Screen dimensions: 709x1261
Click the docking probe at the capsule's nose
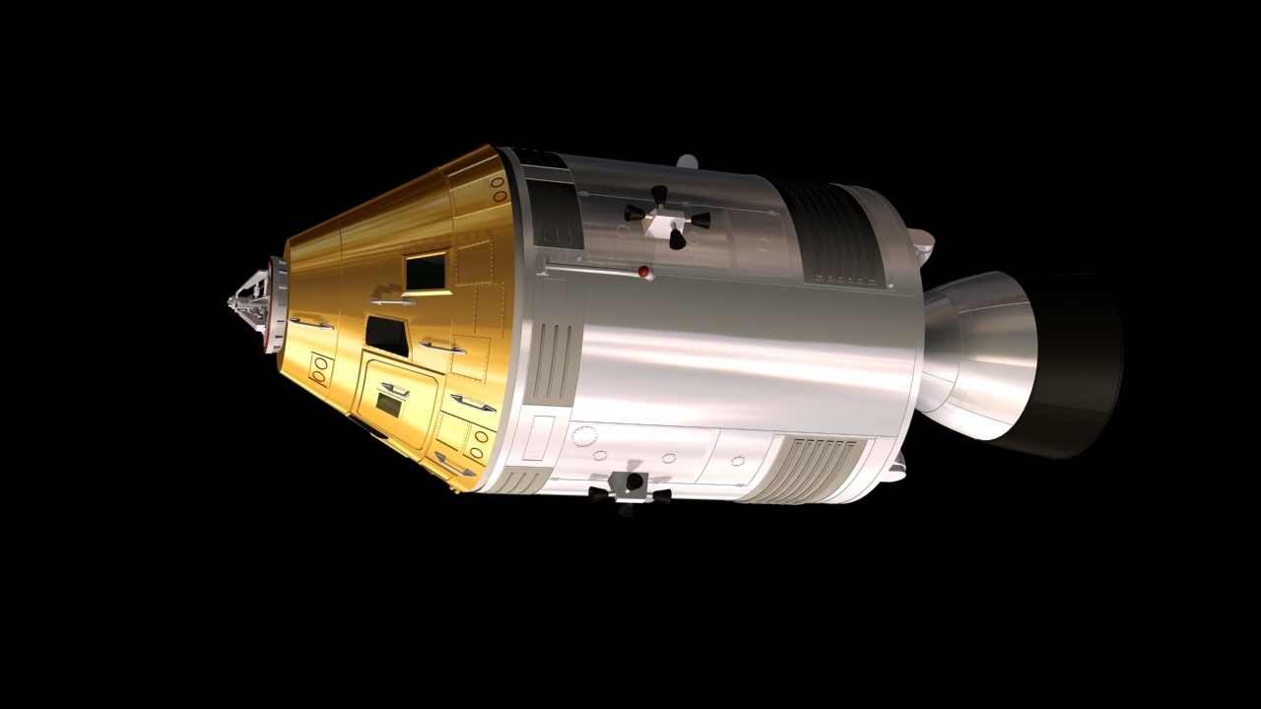pyautogui.click(x=248, y=298)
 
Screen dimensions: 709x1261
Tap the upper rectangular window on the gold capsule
pyautogui.click(x=427, y=271)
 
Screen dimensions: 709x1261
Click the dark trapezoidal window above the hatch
pyautogui.click(x=387, y=336)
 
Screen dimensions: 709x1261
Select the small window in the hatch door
pyautogui.click(x=389, y=405)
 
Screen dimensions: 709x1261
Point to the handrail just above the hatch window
pyautogui.click(x=395, y=389)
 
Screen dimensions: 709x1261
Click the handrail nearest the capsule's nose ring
pyautogui.click(x=310, y=322)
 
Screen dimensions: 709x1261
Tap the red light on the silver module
pyautogui.click(x=643, y=272)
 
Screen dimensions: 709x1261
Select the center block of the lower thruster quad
pyautogui.click(x=629, y=483)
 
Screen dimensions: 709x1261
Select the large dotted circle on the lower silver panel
pyautogui.click(x=585, y=436)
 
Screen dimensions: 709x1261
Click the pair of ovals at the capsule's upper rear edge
pyautogui.click(x=498, y=189)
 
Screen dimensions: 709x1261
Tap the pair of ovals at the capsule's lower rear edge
pyautogui.click(x=480, y=442)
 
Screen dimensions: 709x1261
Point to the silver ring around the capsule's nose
pyautogui.click(x=277, y=304)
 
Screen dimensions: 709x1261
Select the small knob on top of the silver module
pyautogui.click(x=688, y=161)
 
